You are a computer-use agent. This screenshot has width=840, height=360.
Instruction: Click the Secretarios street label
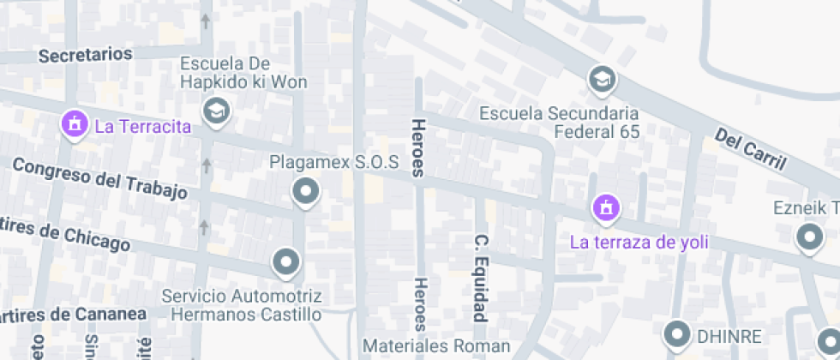[86, 55]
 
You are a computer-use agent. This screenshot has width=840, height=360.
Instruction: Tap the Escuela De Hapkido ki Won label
[225, 73]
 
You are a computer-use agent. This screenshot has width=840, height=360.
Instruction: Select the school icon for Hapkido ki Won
[216, 111]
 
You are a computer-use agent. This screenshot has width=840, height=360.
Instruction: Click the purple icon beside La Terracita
[75, 124]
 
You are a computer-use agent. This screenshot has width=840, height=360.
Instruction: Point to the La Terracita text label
[142, 127]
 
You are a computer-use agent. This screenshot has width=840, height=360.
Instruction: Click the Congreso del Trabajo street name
[99, 178]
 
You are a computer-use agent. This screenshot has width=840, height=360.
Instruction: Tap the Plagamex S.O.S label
[334, 162]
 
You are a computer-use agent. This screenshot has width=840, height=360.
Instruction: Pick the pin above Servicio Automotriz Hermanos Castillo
[286, 261]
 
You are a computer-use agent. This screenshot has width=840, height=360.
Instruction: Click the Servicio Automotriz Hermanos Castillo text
[243, 305]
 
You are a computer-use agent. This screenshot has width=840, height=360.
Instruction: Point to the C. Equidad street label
[482, 276]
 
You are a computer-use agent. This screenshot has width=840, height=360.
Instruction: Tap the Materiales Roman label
[436, 346]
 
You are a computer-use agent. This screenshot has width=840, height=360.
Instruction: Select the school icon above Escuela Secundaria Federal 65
[602, 81]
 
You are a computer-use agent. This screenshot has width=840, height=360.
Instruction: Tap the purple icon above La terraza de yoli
[606, 207]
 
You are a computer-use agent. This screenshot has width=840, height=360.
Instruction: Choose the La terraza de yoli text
[639, 242]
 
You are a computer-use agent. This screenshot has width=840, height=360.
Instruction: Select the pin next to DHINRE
[680, 333]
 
